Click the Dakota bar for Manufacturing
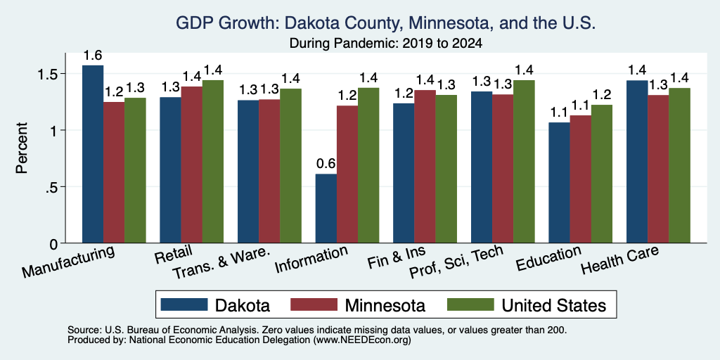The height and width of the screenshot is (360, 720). [x=93, y=154]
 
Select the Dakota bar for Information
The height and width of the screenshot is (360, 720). [x=326, y=208]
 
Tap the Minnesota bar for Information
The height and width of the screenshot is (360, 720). [x=347, y=174]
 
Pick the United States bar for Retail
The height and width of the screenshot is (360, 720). [x=212, y=162]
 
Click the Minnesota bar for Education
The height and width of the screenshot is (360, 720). [x=580, y=179]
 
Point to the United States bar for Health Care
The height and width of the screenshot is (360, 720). [x=680, y=165]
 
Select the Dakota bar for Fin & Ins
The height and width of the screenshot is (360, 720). [x=404, y=173]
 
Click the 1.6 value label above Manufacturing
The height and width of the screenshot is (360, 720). [x=93, y=56]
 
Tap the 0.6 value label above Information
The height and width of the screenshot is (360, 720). [x=326, y=164]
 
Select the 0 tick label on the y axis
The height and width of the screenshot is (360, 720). [x=55, y=244]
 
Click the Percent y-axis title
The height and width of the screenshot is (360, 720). [x=22, y=148]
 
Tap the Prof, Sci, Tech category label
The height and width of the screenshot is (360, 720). [x=456, y=262]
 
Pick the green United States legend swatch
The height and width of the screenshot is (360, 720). [x=470, y=304]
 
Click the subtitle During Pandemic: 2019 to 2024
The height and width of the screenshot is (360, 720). [x=386, y=44]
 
